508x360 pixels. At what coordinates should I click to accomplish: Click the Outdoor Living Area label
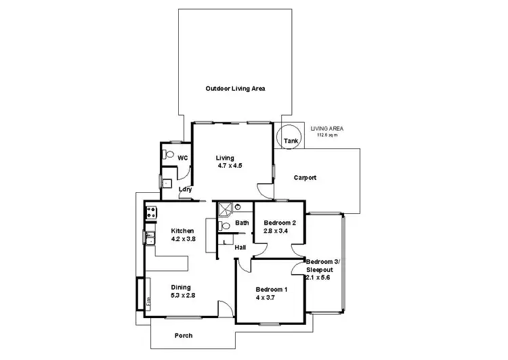pyautogui.click(x=235, y=89)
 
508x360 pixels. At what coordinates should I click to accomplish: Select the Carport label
pyautogui.click(x=305, y=178)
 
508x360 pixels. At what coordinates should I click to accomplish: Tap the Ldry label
pyautogui.click(x=184, y=190)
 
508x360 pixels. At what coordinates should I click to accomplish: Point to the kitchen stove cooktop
pyautogui.click(x=150, y=212)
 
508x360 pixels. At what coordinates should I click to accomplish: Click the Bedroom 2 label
pyautogui.click(x=280, y=223)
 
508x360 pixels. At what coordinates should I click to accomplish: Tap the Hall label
pyautogui.click(x=240, y=248)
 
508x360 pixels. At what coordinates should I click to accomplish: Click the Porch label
pyautogui.click(x=184, y=336)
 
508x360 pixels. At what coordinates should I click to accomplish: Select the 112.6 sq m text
pyautogui.click(x=327, y=135)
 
